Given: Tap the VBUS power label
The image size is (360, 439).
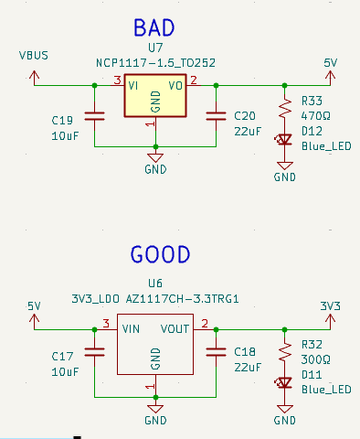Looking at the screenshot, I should [x=34, y=55].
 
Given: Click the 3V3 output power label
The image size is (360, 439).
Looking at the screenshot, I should [x=331, y=305].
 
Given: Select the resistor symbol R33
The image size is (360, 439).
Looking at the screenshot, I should [x=285, y=109].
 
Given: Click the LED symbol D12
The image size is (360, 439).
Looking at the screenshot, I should [x=285, y=140].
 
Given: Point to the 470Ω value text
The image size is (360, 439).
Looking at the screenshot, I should [x=315, y=117].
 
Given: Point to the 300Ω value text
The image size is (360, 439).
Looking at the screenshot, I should [x=315, y=359].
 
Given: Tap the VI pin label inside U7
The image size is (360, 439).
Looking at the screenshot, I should [x=133, y=85].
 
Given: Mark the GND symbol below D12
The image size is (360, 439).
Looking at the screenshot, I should [x=285, y=172].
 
